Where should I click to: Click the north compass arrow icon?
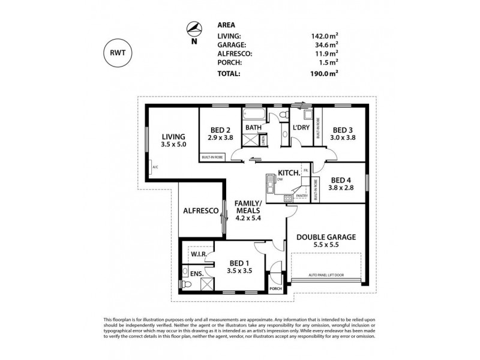click(x=193, y=28)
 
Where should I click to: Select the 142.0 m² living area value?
click(x=323, y=36)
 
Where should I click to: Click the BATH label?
click(x=253, y=127)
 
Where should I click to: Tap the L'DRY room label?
click(x=301, y=127)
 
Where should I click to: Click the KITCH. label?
click(x=289, y=173)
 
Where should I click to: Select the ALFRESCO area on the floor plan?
click(x=200, y=211)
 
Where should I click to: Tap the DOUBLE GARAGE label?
click(x=326, y=237)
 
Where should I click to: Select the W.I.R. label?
click(x=199, y=255)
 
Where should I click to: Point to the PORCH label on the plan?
click(x=275, y=288)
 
